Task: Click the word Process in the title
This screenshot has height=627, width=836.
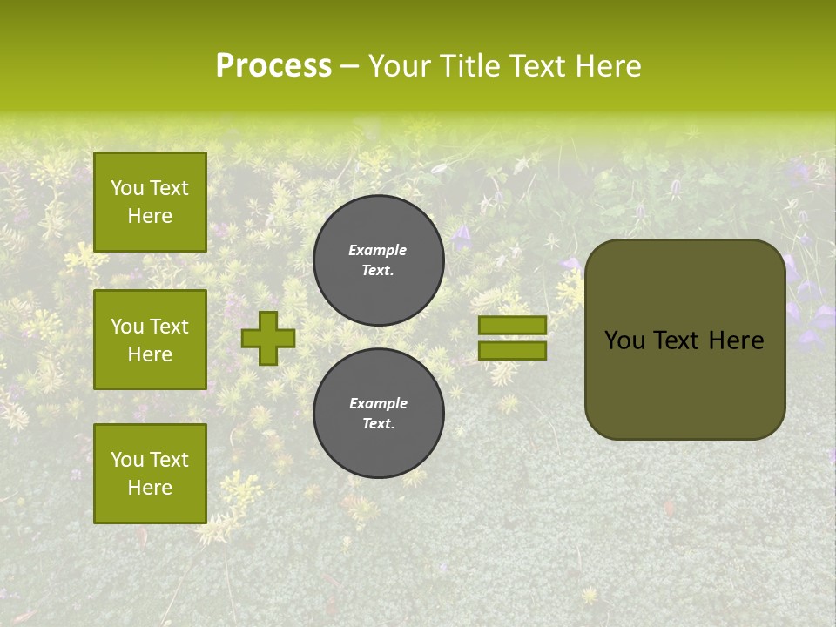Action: (273, 66)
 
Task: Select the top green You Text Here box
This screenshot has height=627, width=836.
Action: (150, 202)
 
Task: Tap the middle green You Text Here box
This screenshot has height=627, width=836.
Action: (150, 340)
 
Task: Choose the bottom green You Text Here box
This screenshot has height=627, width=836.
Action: (150, 474)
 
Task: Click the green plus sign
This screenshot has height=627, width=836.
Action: (268, 338)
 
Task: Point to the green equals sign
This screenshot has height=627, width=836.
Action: (512, 338)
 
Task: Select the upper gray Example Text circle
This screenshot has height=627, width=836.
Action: (379, 260)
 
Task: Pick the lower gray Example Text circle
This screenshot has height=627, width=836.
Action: (379, 413)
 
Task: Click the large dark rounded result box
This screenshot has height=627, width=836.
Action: (685, 340)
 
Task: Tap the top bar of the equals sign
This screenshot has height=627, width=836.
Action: (512, 325)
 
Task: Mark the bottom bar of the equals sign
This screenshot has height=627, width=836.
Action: (512, 351)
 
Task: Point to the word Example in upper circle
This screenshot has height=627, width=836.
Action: (377, 250)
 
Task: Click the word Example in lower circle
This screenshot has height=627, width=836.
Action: (378, 403)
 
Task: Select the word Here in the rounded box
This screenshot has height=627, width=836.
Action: (736, 340)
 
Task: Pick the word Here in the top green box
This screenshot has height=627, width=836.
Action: (150, 216)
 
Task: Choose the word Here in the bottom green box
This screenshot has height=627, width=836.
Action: (150, 488)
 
